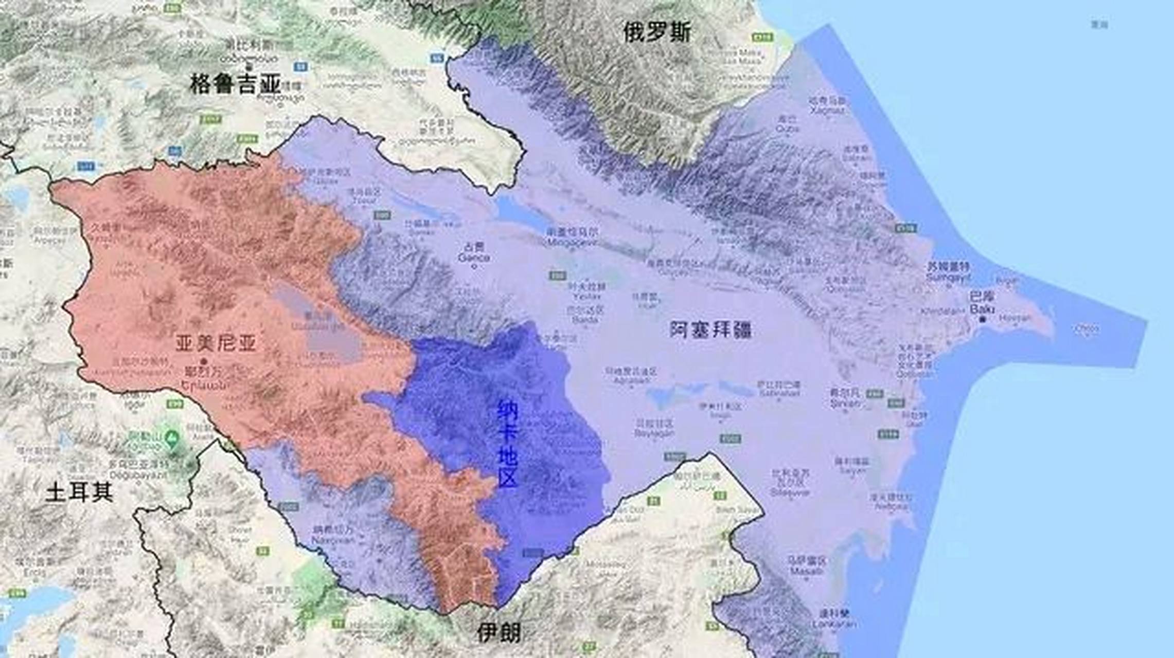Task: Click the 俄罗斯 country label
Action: [657, 32]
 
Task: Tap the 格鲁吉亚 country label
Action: [236, 84]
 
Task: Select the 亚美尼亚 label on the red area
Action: [216, 343]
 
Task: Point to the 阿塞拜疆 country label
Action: [710, 330]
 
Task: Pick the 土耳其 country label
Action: [79, 492]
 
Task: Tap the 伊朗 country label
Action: [499, 633]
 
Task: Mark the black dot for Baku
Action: [982, 319]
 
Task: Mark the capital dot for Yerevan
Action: [204, 361]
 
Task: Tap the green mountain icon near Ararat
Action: [172, 437]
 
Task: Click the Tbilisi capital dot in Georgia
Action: [249, 66]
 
